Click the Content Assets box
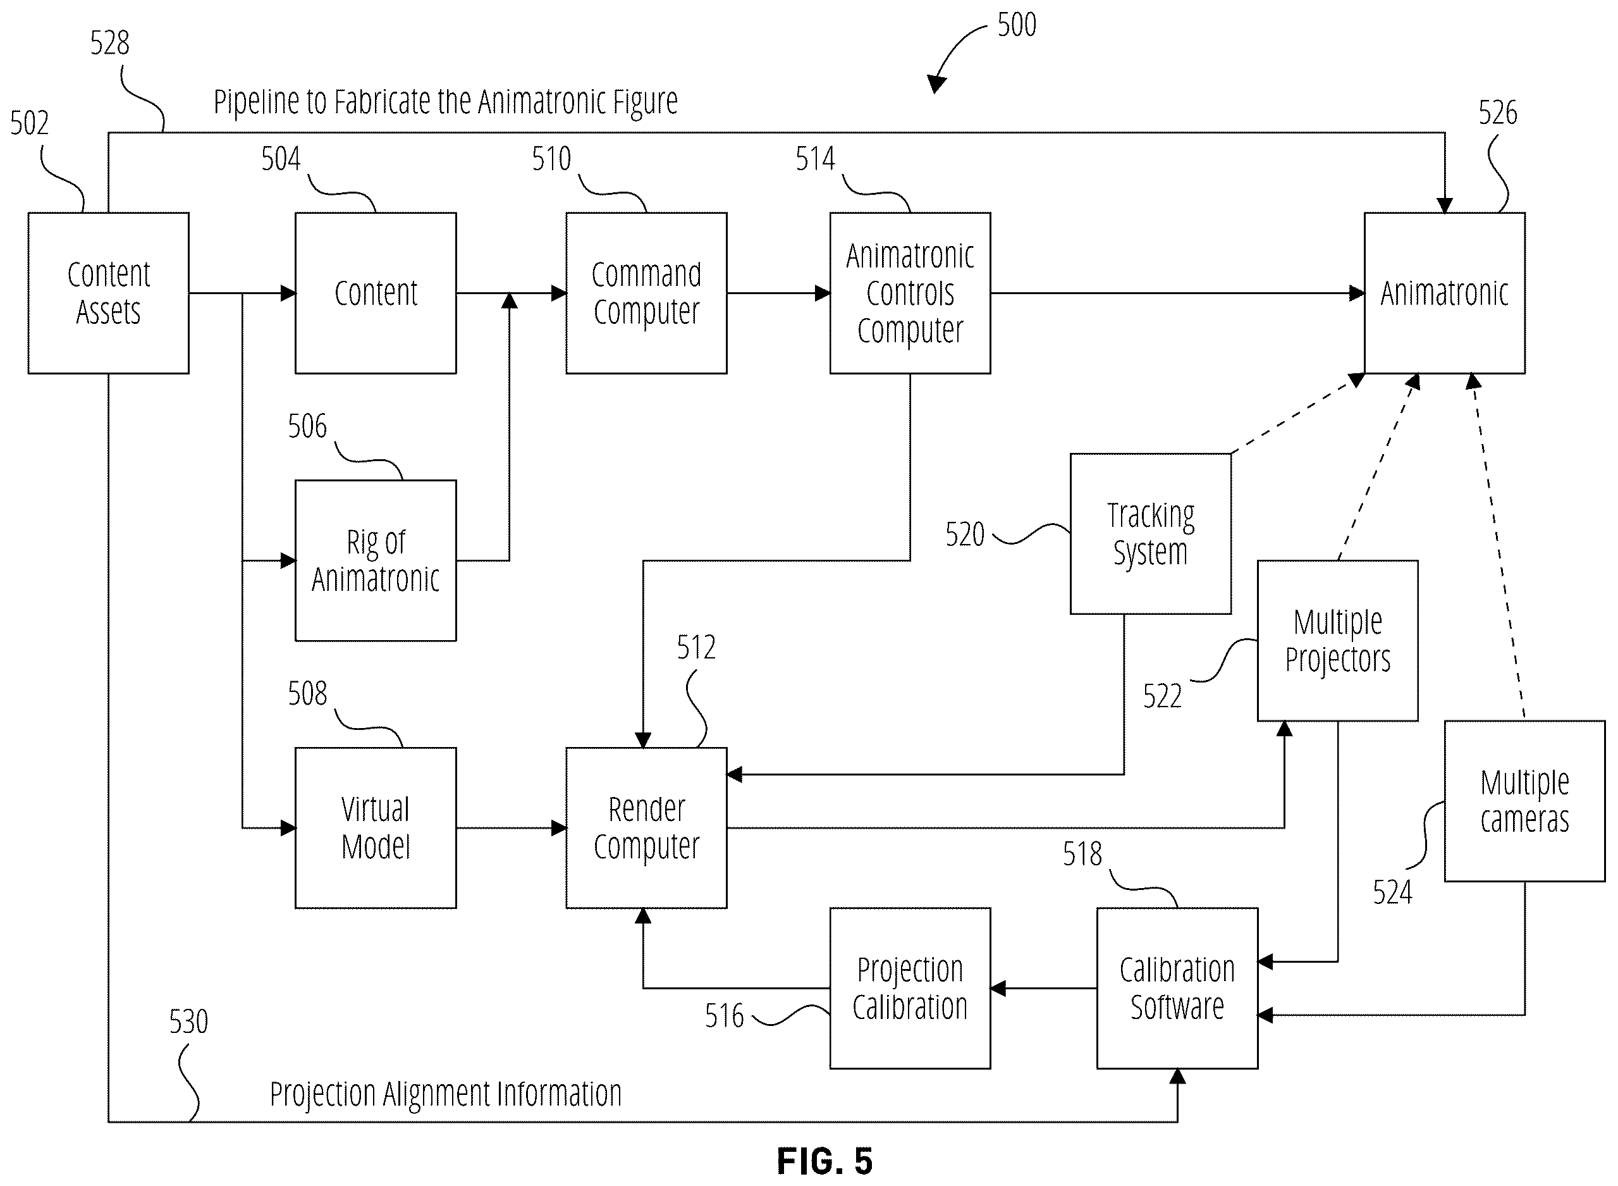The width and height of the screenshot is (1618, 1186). tap(108, 293)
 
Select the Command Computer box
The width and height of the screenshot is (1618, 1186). tap(646, 293)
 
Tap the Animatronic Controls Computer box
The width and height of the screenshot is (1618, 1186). tap(910, 293)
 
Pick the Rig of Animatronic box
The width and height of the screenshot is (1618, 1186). tap(376, 560)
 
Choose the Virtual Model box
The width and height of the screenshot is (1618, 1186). tap(376, 828)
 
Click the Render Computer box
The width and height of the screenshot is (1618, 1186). tap(646, 828)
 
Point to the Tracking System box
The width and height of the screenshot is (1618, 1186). tap(1151, 533)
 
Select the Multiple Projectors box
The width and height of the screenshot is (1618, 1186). tap(1338, 640)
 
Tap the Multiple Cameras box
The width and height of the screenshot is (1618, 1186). tap(1524, 801)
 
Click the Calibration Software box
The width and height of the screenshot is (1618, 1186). tap(1177, 989)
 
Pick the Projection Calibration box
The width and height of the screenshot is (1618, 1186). tap(910, 989)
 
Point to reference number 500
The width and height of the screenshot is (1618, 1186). tap(1017, 25)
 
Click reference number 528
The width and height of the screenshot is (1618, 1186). tap(110, 43)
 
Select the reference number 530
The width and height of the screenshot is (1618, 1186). tap(188, 1022)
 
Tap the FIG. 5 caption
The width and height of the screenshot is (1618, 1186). tap(825, 1161)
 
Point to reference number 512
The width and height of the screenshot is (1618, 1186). tap(696, 648)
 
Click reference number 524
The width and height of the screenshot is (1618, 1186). tap(1393, 893)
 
